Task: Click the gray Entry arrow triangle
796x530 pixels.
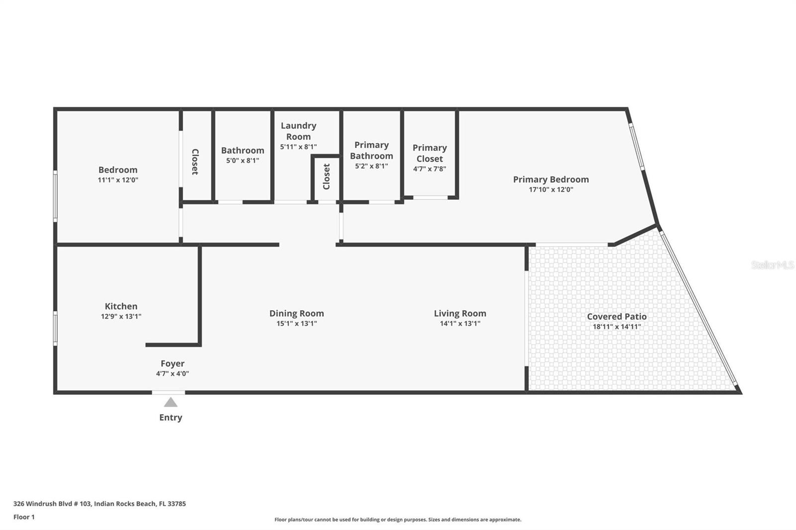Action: pyautogui.click(x=171, y=403)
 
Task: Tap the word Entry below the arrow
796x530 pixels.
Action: pyautogui.click(x=171, y=418)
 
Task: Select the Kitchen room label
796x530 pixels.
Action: pyautogui.click(x=121, y=306)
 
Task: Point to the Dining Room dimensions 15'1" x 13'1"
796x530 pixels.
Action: pyautogui.click(x=297, y=323)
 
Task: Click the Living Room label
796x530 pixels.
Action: pyautogui.click(x=460, y=313)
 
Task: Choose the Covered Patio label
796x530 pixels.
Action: pyautogui.click(x=617, y=317)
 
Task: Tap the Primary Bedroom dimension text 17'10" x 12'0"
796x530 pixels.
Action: pyautogui.click(x=551, y=189)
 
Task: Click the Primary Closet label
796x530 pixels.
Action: pyautogui.click(x=430, y=153)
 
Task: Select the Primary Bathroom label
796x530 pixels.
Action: pyautogui.click(x=371, y=150)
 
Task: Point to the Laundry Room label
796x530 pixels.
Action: pyautogui.click(x=298, y=131)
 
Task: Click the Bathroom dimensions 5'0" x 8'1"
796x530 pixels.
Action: pyautogui.click(x=243, y=160)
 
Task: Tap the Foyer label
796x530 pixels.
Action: pyautogui.click(x=172, y=363)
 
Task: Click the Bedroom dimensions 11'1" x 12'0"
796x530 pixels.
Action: pyautogui.click(x=118, y=180)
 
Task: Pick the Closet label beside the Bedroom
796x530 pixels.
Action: pyautogui.click(x=195, y=162)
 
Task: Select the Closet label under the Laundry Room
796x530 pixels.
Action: pyautogui.click(x=326, y=177)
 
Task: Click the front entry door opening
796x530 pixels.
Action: pyautogui.click(x=169, y=392)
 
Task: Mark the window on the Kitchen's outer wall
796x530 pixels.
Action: pyautogui.click(x=55, y=328)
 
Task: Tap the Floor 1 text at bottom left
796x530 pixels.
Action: pyautogui.click(x=24, y=517)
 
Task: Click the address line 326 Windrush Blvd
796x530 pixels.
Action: pyautogui.click(x=99, y=503)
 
